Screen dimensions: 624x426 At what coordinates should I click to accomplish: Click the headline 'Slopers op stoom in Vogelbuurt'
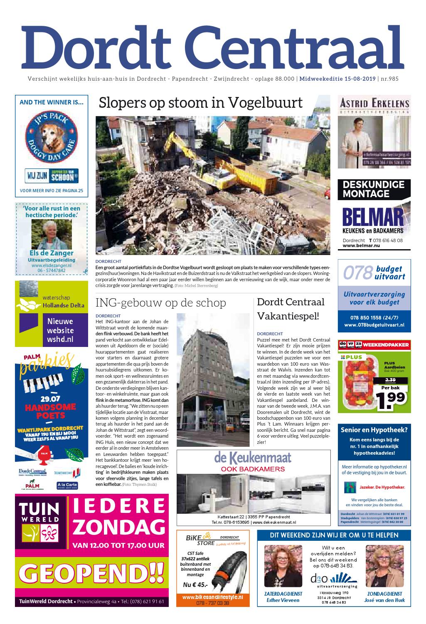coord(201,103)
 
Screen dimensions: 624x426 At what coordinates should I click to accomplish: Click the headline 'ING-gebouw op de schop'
coord(160,302)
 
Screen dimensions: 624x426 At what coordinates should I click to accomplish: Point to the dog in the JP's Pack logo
coord(51,133)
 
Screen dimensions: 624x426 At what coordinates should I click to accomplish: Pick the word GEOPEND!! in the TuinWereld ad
coord(92,574)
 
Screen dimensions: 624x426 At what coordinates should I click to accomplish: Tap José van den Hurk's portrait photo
coord(384,567)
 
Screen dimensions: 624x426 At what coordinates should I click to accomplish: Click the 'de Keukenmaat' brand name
coord(253,458)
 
